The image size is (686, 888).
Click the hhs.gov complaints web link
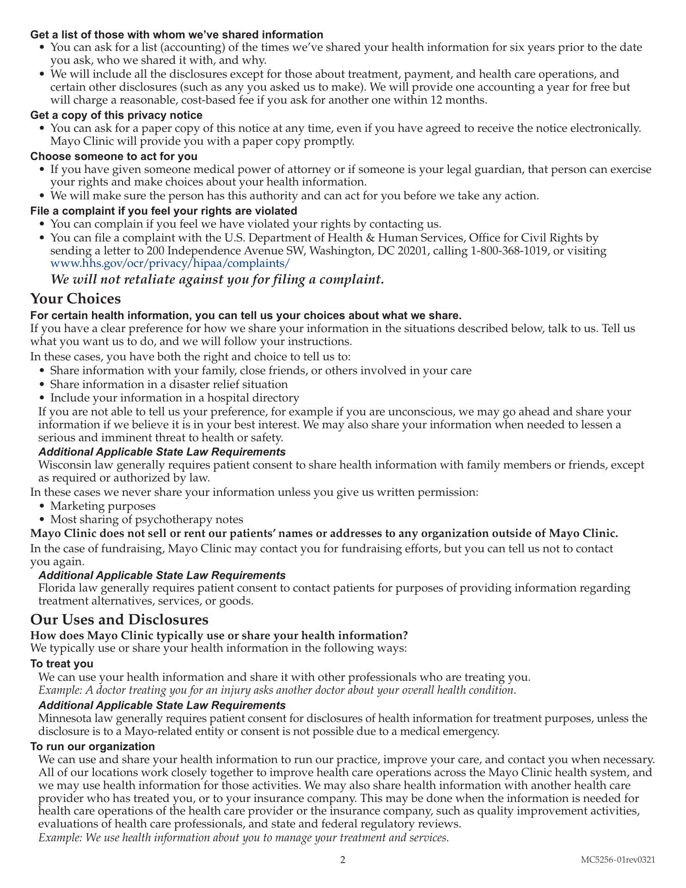[170, 264]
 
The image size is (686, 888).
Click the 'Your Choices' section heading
[75, 299]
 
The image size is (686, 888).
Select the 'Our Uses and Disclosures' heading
[119, 619]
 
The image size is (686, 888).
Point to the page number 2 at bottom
[343, 860]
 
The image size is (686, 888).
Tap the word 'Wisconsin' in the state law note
[61, 465]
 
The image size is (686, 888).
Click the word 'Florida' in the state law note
[54, 588]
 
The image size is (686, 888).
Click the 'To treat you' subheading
[61, 664]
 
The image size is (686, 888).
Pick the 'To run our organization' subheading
[92, 746]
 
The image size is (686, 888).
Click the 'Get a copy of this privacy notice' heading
[116, 115]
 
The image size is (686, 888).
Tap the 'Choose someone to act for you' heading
[114, 156]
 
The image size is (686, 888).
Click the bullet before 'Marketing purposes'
[43, 506]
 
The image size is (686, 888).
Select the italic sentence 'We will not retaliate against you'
[217, 279]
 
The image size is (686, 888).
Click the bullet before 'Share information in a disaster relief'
[43, 385]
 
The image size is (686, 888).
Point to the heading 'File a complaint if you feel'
[163, 211]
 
